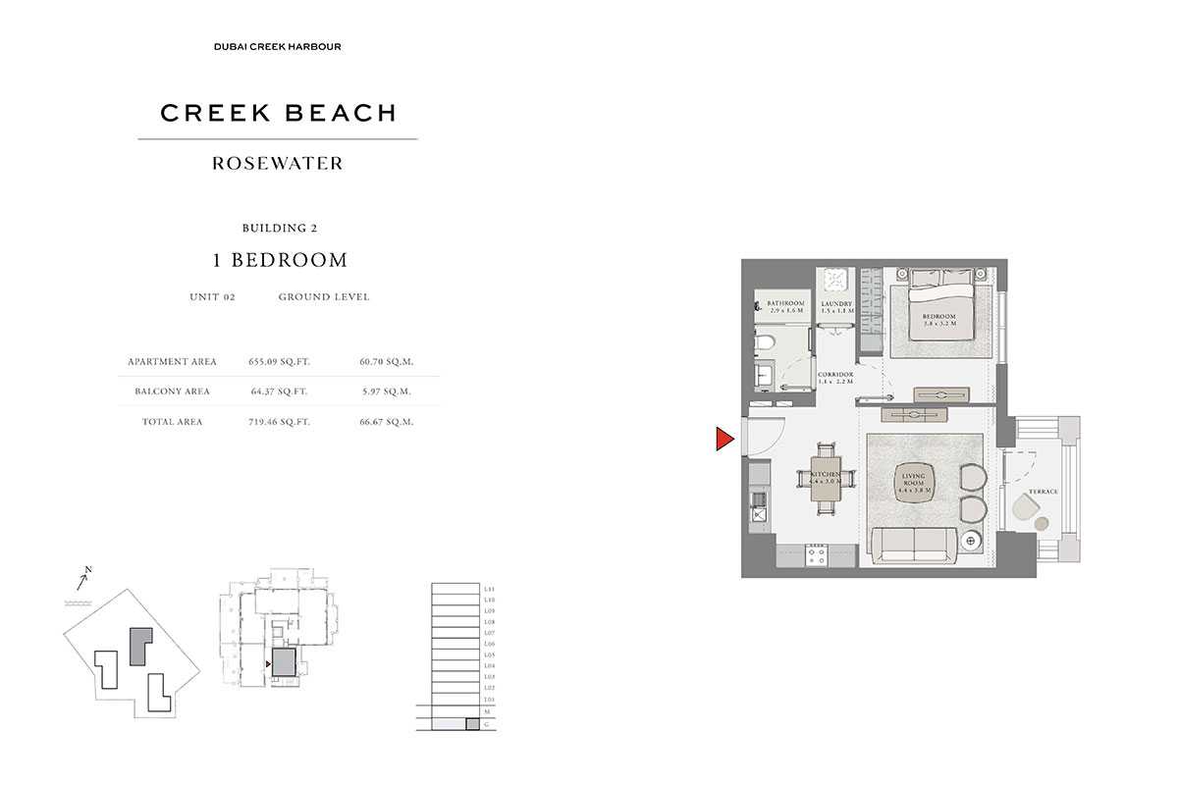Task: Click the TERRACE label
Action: tap(1043, 491)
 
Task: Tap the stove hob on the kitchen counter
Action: tap(817, 555)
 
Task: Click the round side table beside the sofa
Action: tap(972, 541)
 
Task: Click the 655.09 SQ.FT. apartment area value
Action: tap(279, 362)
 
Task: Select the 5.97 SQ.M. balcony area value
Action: tap(387, 392)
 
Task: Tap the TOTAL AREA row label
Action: tap(172, 422)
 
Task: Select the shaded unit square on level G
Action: tap(472, 724)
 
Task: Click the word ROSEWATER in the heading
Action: tap(278, 164)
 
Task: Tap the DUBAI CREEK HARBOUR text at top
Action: tap(278, 46)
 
